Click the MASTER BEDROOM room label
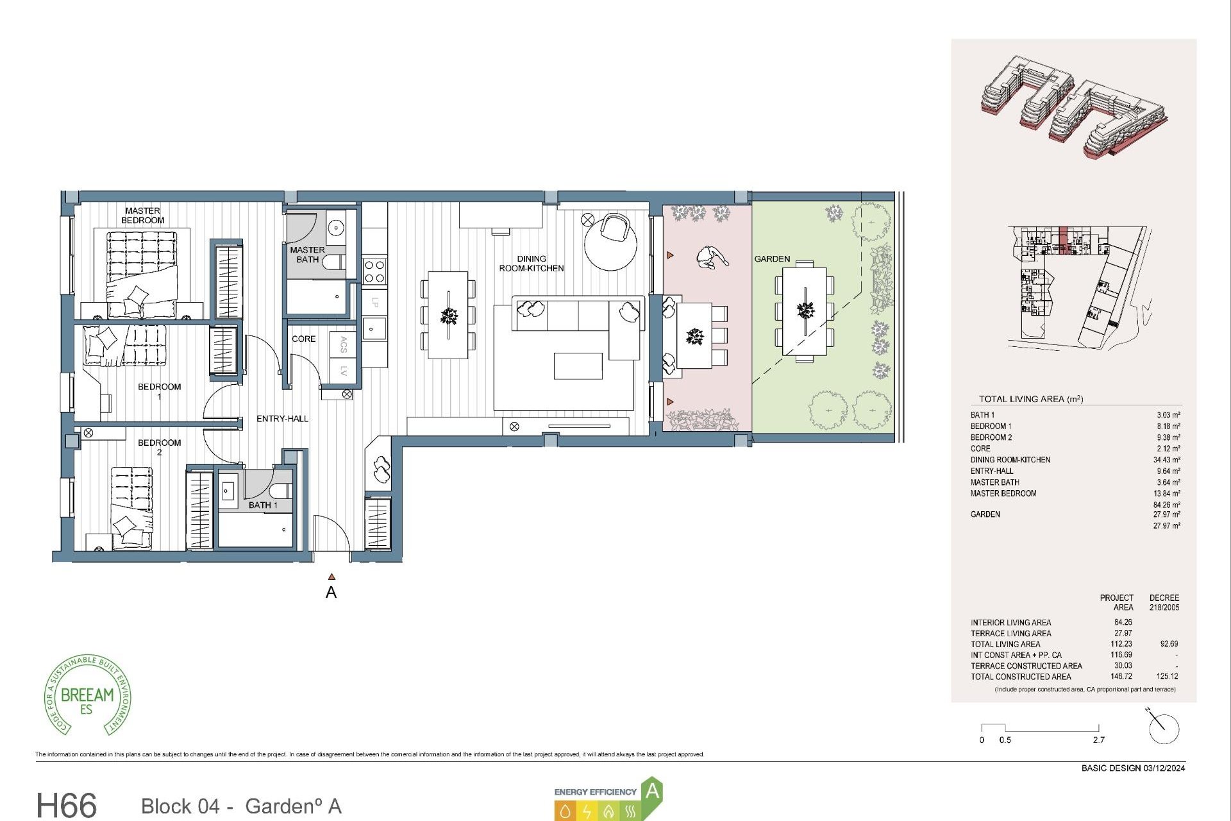pos(142,216)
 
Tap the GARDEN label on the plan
pos(772,259)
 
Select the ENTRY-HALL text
pos(282,419)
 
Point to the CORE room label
pos(303,339)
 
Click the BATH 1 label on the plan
pos(263,505)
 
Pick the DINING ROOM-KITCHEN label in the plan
pos(532,264)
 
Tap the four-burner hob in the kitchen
pos(374,271)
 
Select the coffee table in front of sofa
pos(578,366)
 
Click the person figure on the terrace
pos(710,258)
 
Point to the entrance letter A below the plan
pos(331,593)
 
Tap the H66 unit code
pos(67,805)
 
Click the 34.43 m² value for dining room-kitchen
pos(1166,460)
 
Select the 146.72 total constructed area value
pos(1123,677)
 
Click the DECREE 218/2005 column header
pos(1164,602)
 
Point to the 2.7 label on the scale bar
pos(1098,740)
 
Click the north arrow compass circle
pos(1164,729)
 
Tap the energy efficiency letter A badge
pos(651,791)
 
